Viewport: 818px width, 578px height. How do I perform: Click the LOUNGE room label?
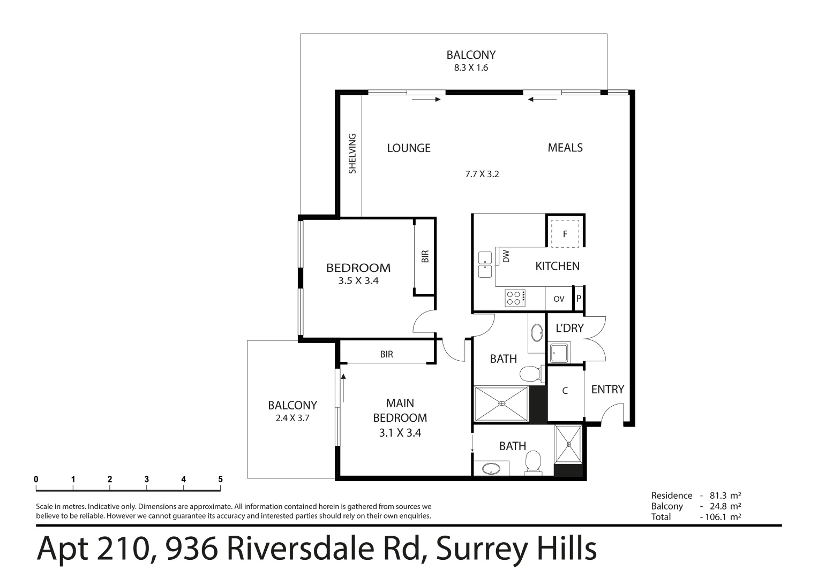(409, 148)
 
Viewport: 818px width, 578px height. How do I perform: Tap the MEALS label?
(565, 148)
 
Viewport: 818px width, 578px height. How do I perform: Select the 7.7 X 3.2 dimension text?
(482, 174)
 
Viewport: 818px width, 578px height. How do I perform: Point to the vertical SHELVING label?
(352, 154)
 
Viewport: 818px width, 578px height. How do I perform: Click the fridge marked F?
(565, 234)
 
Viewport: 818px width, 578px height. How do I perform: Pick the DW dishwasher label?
(506, 256)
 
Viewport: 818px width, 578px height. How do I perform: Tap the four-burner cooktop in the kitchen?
(515, 298)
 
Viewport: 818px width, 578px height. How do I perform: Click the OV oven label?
(559, 299)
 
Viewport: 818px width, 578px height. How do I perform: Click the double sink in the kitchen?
(485, 265)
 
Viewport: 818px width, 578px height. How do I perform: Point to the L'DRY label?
(569, 328)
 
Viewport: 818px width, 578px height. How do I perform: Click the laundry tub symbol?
(560, 353)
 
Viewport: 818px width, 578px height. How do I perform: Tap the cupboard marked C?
(565, 391)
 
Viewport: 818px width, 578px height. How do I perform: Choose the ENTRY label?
(607, 390)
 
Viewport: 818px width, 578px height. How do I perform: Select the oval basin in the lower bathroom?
(491, 469)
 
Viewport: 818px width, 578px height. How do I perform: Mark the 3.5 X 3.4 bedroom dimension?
(358, 280)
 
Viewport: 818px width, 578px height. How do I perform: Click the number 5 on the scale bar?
(220, 480)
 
